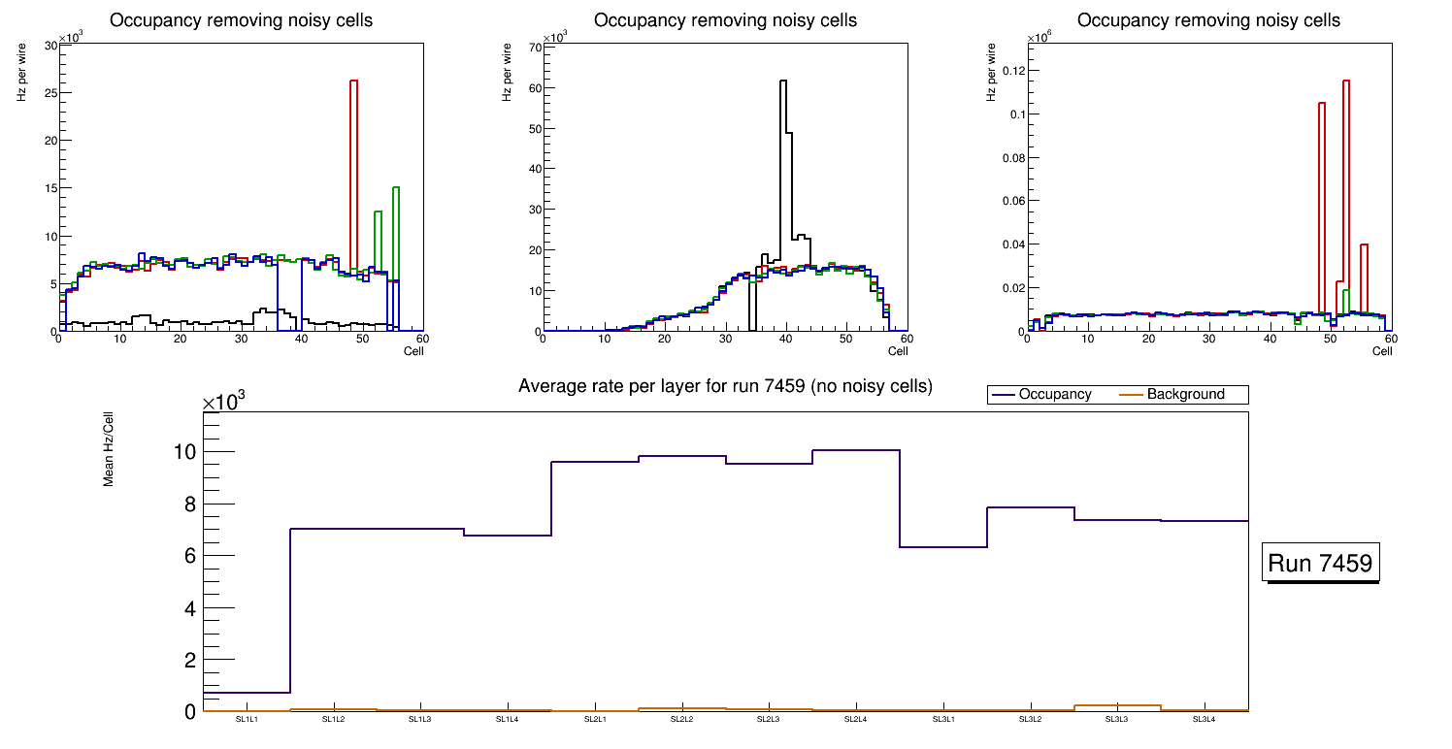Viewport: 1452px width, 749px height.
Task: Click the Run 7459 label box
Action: pos(1322,564)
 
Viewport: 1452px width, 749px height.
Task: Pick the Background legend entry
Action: pos(1184,395)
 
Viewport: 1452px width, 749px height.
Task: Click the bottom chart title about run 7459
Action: pos(725,386)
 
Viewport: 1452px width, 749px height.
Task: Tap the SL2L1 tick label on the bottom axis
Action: pos(595,719)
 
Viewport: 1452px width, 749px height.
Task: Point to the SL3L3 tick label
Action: pos(1117,719)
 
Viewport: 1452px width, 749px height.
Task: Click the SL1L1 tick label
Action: pos(247,719)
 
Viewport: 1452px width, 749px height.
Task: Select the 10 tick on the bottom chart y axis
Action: pos(184,452)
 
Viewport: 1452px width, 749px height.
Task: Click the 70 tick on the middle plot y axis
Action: pos(534,47)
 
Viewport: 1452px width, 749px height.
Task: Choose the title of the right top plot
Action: pos(1208,19)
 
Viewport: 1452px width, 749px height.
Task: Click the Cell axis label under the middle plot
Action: pos(898,350)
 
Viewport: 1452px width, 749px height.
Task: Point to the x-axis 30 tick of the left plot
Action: pos(241,340)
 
